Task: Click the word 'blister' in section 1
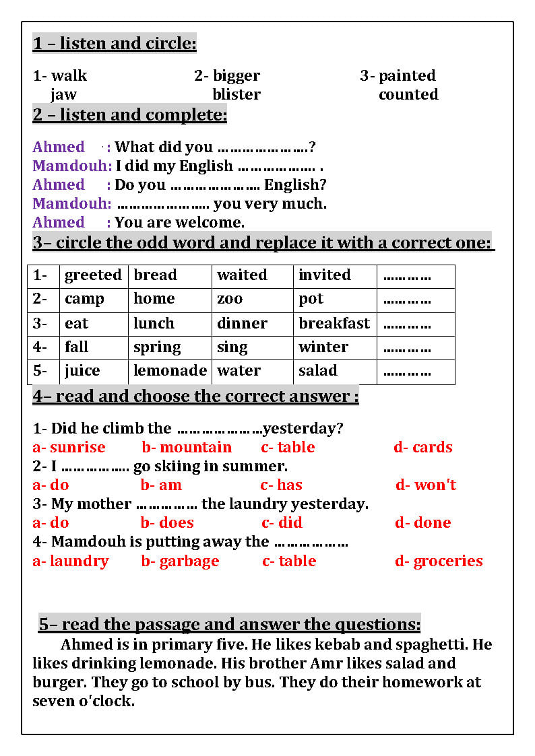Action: [x=236, y=94]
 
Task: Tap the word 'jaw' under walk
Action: [x=63, y=94]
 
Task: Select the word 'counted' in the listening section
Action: [x=408, y=94]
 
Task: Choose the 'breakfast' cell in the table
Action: [x=334, y=323]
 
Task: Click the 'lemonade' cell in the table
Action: [x=170, y=371]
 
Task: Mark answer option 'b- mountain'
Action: [x=187, y=448]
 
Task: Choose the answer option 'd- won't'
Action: [x=426, y=485]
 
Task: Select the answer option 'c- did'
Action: [x=282, y=523]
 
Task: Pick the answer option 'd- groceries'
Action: [x=439, y=561]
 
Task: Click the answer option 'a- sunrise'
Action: [x=69, y=448]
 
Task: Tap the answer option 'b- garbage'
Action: [x=180, y=561]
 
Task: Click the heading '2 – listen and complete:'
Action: [x=129, y=115]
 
